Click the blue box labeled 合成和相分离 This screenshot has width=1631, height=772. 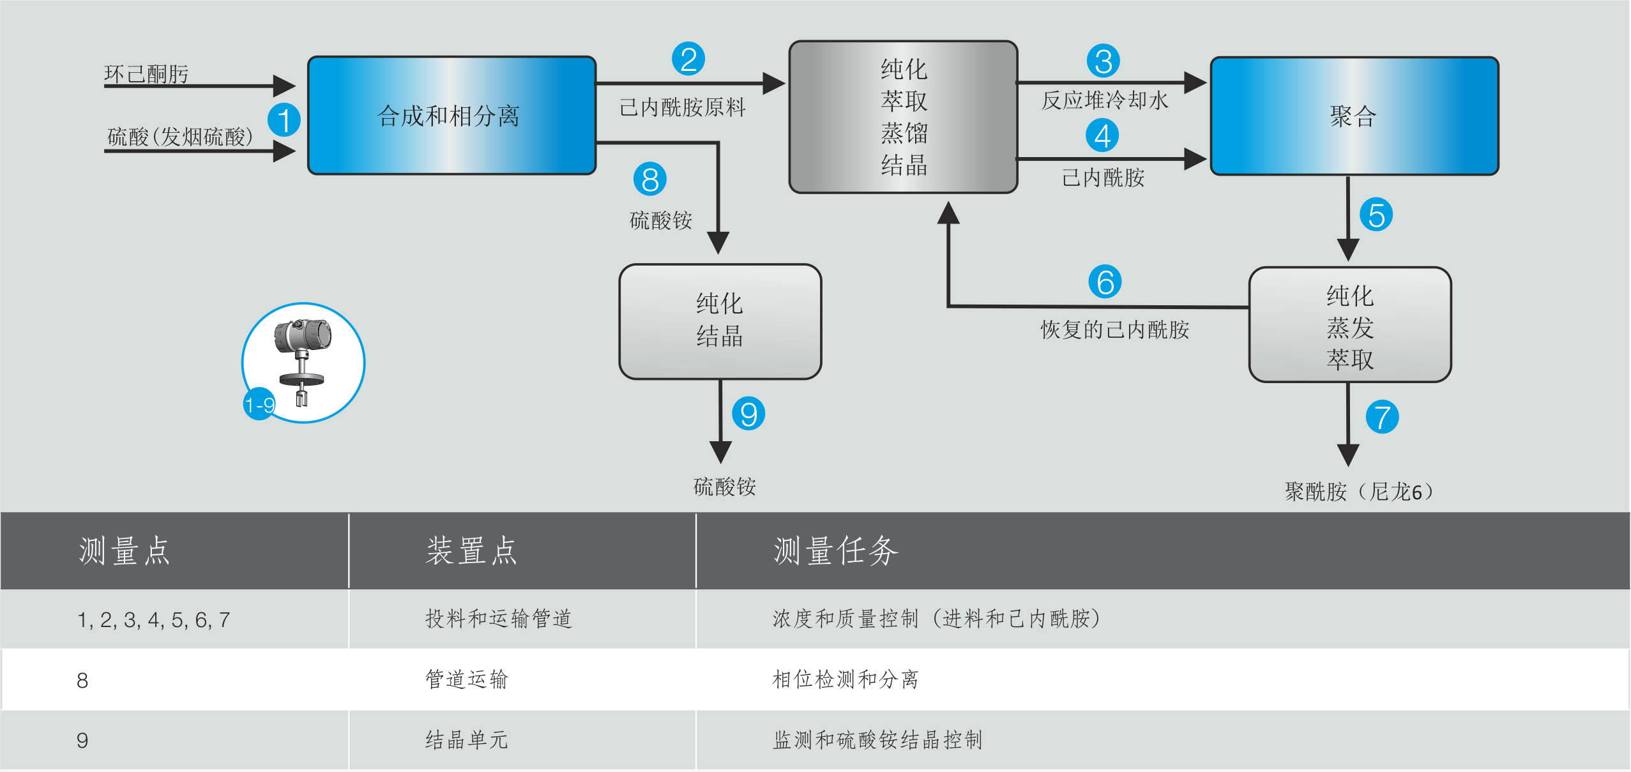click(451, 116)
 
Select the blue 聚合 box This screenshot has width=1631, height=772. click(1354, 116)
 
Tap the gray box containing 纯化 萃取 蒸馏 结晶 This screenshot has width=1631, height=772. click(903, 117)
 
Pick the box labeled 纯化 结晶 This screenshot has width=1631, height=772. click(720, 321)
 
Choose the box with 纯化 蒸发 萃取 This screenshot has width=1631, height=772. click(1349, 325)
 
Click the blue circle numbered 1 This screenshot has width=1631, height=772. click(284, 120)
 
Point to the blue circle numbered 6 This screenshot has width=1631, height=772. click(1105, 282)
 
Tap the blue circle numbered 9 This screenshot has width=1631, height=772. click(748, 414)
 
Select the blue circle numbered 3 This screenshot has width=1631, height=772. click(1103, 61)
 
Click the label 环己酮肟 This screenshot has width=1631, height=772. click(146, 74)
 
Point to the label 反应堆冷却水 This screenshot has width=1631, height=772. click(1104, 100)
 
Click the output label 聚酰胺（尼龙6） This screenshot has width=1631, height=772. click(1359, 491)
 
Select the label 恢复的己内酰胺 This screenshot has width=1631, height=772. click(1114, 329)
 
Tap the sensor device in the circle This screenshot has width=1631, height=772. click(303, 361)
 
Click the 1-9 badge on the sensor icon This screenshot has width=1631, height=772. click(259, 404)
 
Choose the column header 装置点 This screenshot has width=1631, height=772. click(471, 551)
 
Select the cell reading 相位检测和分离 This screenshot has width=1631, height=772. click(846, 679)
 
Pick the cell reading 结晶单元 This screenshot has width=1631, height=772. click(467, 740)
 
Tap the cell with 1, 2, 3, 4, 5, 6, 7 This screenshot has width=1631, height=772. click(153, 619)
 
